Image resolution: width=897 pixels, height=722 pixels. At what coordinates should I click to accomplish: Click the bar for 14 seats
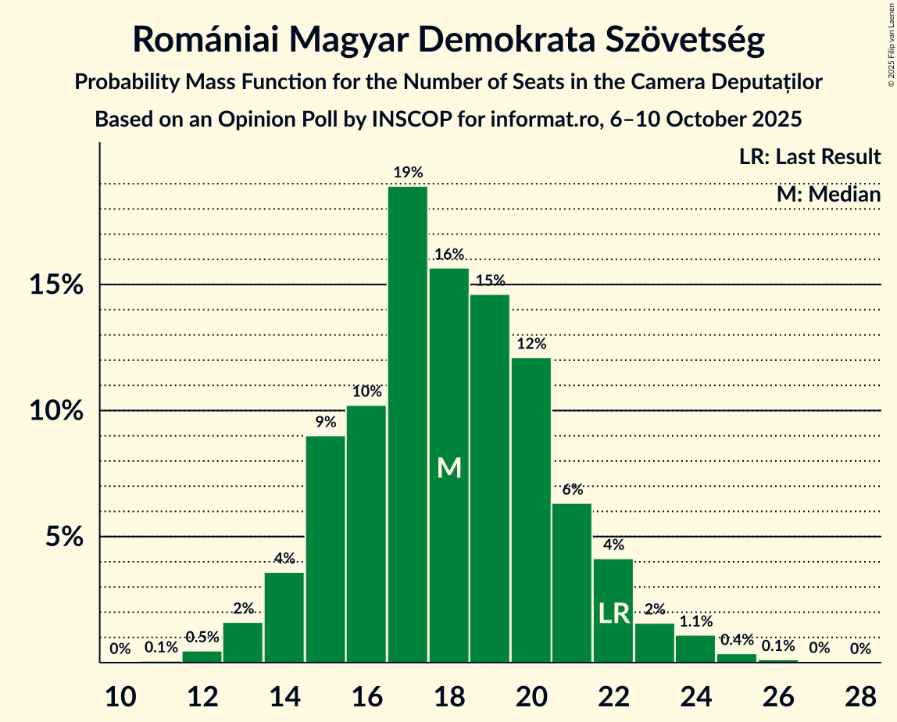pos(284,617)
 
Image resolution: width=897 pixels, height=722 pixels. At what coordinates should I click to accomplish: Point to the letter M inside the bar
pos(449,467)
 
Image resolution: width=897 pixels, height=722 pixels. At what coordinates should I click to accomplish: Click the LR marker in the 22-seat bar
pos(613,613)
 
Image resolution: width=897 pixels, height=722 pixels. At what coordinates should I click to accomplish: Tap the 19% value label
pos(408,173)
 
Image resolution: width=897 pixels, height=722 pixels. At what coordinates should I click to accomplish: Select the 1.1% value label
pos(695,622)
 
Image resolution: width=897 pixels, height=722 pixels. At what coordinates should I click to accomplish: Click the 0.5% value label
pos(202,637)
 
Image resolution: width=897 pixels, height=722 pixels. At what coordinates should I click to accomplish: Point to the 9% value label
pos(326,422)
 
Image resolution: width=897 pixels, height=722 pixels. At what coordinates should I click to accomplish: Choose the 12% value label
pos(531,344)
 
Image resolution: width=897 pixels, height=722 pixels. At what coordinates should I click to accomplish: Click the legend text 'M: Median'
pos(828,194)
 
